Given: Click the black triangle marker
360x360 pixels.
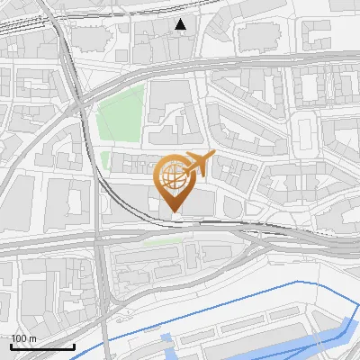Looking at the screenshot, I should (182, 24).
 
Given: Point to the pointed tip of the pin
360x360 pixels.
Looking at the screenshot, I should (174, 212).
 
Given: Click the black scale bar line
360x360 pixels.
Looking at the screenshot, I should (42, 346).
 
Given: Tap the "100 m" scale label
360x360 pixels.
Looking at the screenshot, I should (24, 338).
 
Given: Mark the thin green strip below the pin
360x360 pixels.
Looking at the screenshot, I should (158, 240).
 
